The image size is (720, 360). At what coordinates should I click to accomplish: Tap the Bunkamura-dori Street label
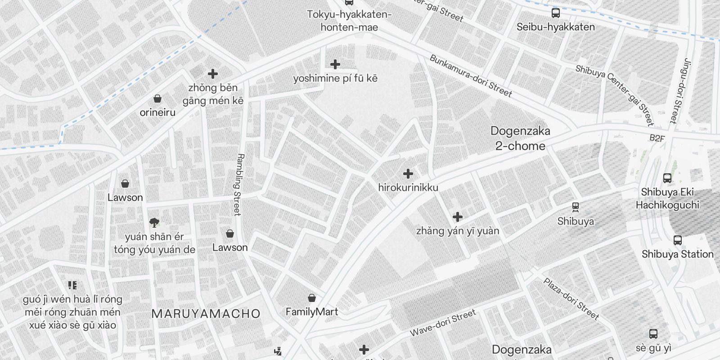click(470, 76)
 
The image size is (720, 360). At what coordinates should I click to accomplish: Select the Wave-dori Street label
click(442, 323)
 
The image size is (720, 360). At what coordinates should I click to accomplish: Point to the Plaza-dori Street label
click(571, 299)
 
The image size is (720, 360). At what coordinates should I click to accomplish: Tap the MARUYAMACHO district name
click(206, 314)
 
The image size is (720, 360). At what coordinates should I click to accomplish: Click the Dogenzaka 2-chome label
click(520, 139)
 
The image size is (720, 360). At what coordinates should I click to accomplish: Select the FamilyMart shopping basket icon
click(311, 298)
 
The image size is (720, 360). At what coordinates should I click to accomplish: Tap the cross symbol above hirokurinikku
click(408, 174)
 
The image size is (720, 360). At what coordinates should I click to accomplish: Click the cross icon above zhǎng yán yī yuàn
click(458, 217)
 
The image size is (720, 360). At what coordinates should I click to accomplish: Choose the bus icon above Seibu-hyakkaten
click(556, 13)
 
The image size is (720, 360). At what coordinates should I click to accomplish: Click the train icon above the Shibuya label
click(575, 207)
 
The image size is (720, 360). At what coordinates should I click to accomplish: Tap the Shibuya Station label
click(677, 254)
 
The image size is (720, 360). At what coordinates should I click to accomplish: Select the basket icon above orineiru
click(157, 99)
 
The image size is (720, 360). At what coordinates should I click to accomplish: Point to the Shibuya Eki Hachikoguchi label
click(667, 198)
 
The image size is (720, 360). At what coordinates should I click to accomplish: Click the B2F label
click(657, 139)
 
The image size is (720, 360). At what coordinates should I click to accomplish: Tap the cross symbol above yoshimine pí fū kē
click(335, 64)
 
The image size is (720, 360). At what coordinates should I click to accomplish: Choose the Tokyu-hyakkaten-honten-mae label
click(349, 21)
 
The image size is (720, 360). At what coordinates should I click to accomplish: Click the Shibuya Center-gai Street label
click(614, 95)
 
